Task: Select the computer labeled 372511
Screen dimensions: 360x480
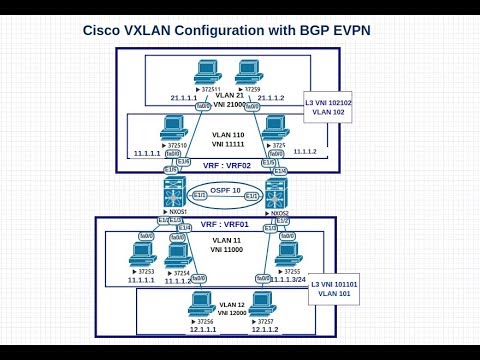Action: point(207,72)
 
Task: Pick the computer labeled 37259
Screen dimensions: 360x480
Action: point(247,72)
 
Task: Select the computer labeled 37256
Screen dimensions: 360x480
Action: point(203,303)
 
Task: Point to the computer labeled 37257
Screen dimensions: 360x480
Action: point(262,303)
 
